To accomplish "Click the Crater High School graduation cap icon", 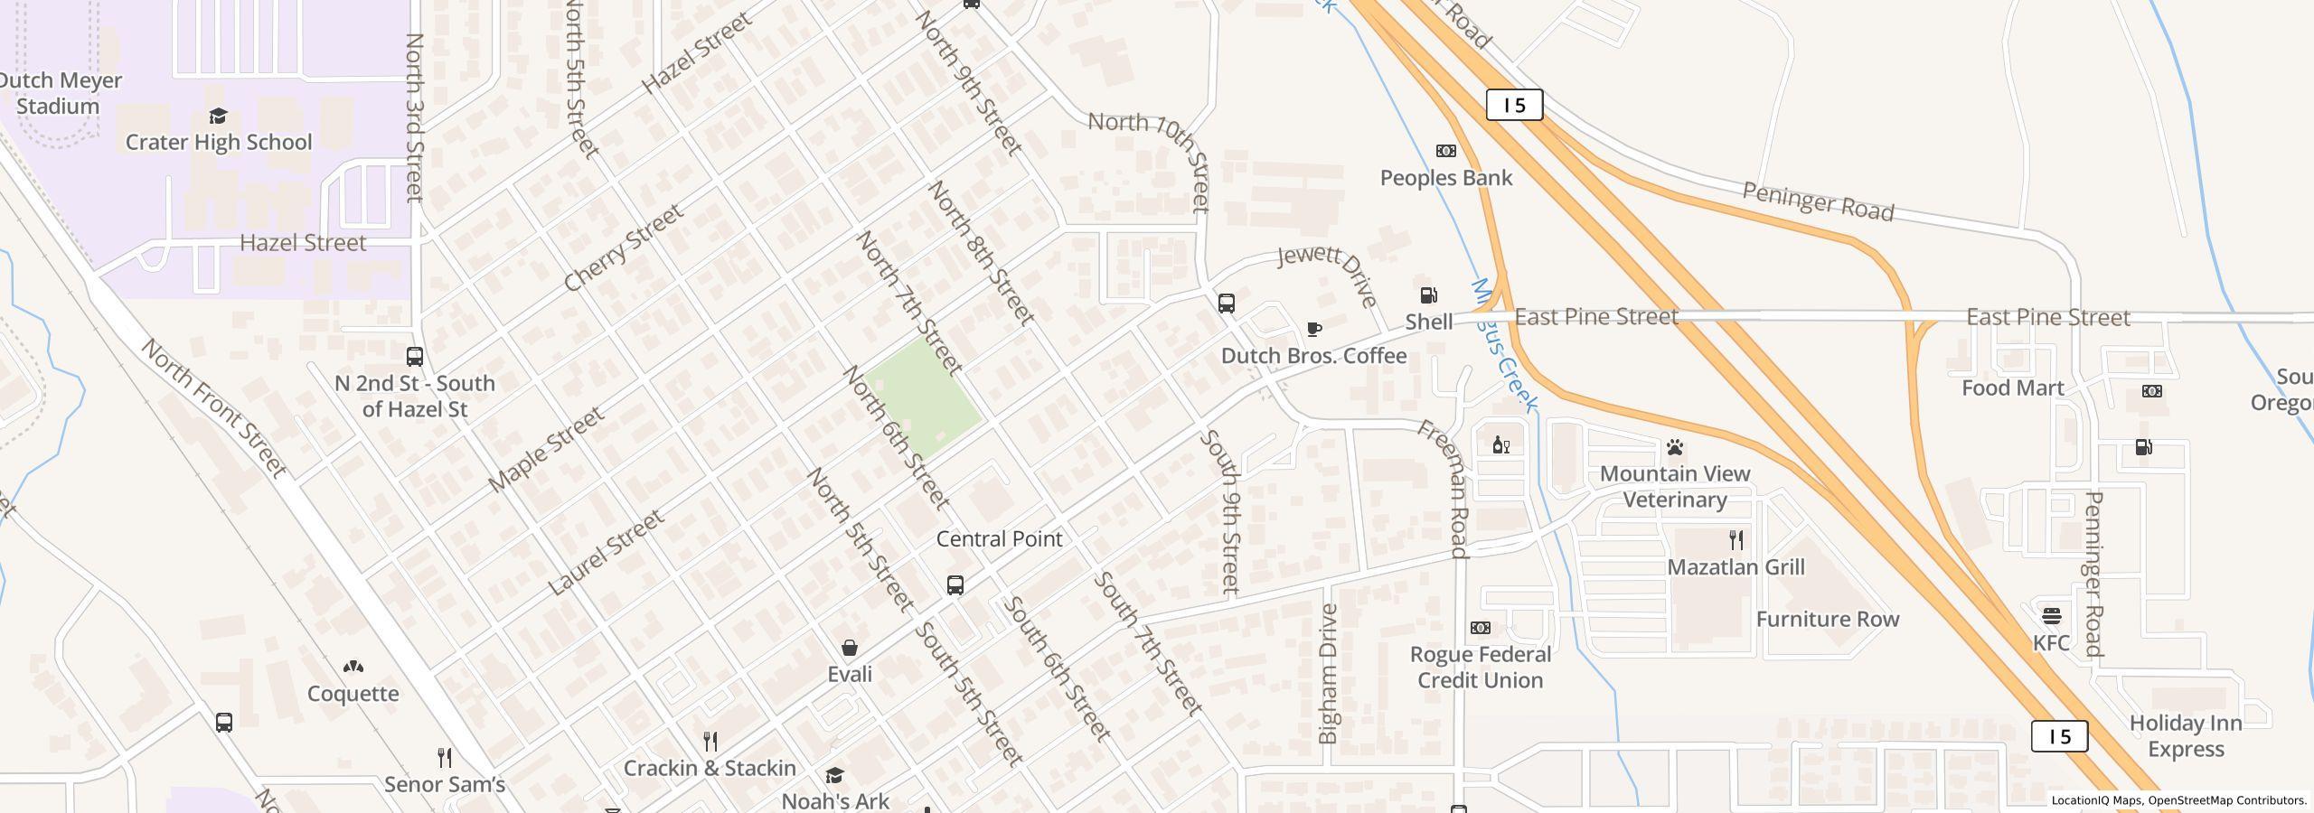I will (x=218, y=116).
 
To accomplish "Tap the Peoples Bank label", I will (x=1445, y=178).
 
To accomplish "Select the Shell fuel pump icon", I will (x=1428, y=295).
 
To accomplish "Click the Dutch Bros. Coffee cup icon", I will (x=1313, y=329).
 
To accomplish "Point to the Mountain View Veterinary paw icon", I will (x=1675, y=447).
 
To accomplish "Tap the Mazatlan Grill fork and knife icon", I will (x=1735, y=540).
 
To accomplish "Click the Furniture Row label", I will (x=1827, y=620).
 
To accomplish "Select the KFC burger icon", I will (x=2051, y=616).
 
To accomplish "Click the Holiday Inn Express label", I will (x=2186, y=736).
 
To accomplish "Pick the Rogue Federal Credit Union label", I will (x=1480, y=668).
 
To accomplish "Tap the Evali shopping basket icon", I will (x=850, y=648).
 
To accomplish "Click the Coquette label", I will (x=353, y=694).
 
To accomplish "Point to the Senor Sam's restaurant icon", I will (x=444, y=756).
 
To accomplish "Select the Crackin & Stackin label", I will (x=710, y=768).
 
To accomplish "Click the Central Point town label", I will (x=999, y=539).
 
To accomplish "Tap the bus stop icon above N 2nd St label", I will (x=415, y=357).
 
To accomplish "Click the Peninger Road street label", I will (x=1817, y=202).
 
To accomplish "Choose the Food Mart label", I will (x=2012, y=388).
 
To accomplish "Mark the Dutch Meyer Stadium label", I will (x=57, y=93).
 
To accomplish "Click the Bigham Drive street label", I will (x=1328, y=674).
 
